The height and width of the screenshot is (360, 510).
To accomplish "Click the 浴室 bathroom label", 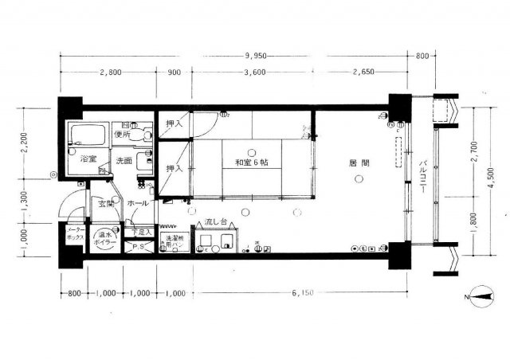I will click(x=87, y=158).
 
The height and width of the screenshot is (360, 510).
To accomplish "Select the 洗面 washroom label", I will click(x=124, y=161).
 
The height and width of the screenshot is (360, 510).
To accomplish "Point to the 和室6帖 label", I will click(x=252, y=163).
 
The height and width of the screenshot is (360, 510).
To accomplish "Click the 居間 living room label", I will click(x=358, y=163).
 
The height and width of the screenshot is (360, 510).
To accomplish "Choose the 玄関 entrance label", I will click(x=106, y=204).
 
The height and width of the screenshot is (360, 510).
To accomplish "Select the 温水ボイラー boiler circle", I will click(x=106, y=239).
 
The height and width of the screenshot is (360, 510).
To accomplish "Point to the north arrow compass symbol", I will click(x=481, y=296).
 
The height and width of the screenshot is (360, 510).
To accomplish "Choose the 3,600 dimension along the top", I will click(x=253, y=72).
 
